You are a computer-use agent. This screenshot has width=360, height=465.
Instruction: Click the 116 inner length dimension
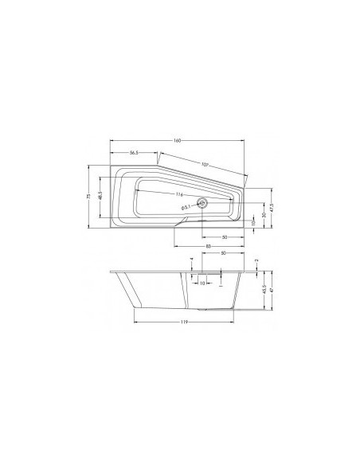[181, 194]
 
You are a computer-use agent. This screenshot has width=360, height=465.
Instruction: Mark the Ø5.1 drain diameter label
[185, 208]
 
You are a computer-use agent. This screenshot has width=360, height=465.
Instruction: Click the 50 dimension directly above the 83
[225, 236]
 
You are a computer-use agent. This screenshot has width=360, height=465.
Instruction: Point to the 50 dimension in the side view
[224, 253]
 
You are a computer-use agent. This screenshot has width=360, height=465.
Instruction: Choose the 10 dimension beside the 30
[252, 224]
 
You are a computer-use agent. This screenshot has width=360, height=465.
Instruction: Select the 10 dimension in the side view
[202, 282]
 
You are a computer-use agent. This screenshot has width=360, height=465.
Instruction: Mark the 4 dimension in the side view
[192, 260]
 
